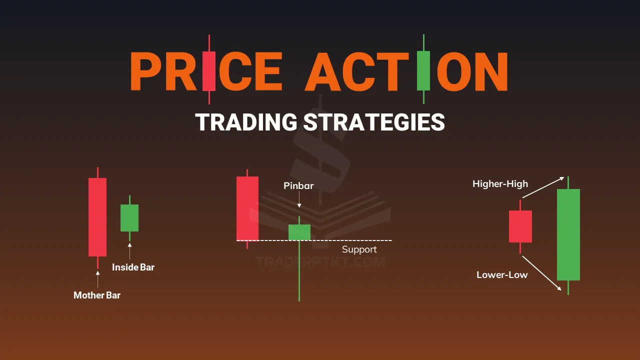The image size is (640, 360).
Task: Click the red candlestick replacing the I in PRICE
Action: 209,69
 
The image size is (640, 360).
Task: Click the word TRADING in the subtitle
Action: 246,122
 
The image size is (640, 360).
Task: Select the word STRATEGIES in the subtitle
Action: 374,122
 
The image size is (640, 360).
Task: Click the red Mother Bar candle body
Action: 97,217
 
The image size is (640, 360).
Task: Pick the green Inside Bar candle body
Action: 129,217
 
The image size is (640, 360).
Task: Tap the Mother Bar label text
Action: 97,295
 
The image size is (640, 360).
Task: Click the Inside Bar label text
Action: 133,267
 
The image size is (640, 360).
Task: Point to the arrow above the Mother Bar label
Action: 97,279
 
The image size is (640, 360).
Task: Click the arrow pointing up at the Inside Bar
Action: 129,251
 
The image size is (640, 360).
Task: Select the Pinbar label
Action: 298,185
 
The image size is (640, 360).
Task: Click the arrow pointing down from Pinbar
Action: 299,199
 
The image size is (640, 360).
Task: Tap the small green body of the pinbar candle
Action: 299,232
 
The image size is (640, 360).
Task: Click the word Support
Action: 359,249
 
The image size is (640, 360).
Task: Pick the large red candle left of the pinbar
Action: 247,208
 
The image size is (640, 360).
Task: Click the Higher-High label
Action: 500,183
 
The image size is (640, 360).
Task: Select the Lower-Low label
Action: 502,275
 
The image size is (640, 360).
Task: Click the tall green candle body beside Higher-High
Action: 568,234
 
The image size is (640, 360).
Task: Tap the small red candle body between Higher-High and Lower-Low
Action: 520,226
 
